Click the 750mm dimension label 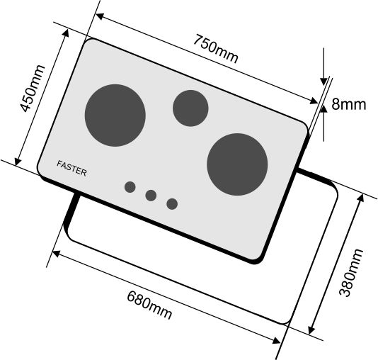point(215,49)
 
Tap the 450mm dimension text point(32,89)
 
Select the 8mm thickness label point(348,104)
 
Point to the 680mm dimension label point(149,305)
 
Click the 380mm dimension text point(351,272)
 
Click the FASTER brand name point(71,169)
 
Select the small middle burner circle point(190,108)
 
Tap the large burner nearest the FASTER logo point(115,116)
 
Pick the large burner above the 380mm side point(237,164)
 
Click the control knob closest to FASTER point(130,187)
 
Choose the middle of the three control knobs point(151,196)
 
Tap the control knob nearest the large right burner point(172,204)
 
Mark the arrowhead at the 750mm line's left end point(99,16)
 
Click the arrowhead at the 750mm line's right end point(314,101)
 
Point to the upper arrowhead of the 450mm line point(65,33)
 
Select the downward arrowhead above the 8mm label point(323,81)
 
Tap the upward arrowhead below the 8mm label point(323,109)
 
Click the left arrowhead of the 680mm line point(56,254)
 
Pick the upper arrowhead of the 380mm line point(361,198)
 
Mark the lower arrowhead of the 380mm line point(311,330)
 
